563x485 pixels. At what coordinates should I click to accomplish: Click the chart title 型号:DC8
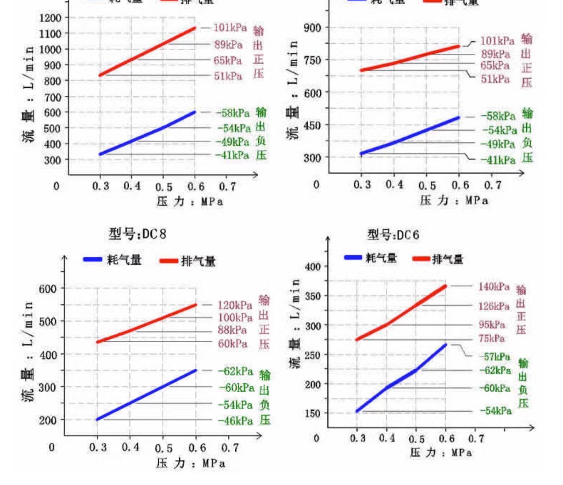pyautogui.click(x=137, y=234)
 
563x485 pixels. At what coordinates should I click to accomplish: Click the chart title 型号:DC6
pyautogui.click(x=393, y=235)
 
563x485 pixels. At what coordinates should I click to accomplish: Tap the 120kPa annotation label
pyautogui.click(x=235, y=305)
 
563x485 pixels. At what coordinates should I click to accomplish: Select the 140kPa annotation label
pyautogui.click(x=494, y=287)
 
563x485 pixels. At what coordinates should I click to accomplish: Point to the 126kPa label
pyautogui.click(x=494, y=306)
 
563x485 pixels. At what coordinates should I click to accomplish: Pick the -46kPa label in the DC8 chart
pyautogui.click(x=235, y=421)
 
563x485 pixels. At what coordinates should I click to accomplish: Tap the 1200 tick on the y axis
pyautogui.click(x=50, y=18)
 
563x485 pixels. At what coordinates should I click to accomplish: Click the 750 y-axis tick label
pyautogui.click(x=312, y=60)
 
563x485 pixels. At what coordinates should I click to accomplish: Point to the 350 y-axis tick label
pyautogui.click(x=312, y=296)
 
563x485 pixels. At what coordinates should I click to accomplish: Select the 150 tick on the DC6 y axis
pyautogui.click(x=312, y=413)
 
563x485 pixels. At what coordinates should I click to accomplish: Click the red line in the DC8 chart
pyautogui.click(x=146, y=324)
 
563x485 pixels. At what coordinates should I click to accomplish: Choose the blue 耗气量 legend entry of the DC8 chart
pyautogui.click(x=113, y=260)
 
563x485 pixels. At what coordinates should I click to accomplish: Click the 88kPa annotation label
pyautogui.click(x=232, y=330)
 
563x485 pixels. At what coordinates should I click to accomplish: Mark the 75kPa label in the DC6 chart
pyautogui.click(x=491, y=339)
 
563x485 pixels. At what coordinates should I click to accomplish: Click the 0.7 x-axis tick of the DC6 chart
pyautogui.click(x=476, y=438)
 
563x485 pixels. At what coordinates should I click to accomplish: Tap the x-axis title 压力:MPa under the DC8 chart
pyautogui.click(x=191, y=463)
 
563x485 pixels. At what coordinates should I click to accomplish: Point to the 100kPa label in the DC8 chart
pyautogui.click(x=235, y=318)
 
